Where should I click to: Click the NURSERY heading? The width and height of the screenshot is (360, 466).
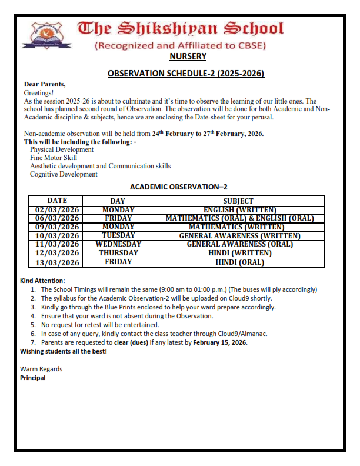[188, 56]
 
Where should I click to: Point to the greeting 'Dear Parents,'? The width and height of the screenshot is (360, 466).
[45, 85]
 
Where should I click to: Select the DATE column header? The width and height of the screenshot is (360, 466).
[57, 201]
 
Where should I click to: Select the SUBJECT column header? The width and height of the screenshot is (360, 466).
[239, 201]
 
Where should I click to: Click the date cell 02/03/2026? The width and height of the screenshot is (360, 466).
[57, 209]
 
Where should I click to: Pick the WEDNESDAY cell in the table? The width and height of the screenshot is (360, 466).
[118, 244]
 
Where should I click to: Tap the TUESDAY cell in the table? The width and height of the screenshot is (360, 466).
[118, 235]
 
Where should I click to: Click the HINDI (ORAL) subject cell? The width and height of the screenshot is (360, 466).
[239, 262]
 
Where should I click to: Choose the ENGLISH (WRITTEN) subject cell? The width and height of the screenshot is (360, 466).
[239, 209]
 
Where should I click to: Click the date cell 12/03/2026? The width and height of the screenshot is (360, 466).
[57, 253]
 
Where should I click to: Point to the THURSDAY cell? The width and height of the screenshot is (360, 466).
[118, 253]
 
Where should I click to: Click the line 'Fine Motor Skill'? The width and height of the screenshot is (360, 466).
[54, 158]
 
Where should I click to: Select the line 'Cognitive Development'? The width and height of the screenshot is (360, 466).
[64, 174]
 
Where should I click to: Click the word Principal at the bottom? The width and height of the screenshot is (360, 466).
[33, 378]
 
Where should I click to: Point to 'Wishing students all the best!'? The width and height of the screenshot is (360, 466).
[64, 351]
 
